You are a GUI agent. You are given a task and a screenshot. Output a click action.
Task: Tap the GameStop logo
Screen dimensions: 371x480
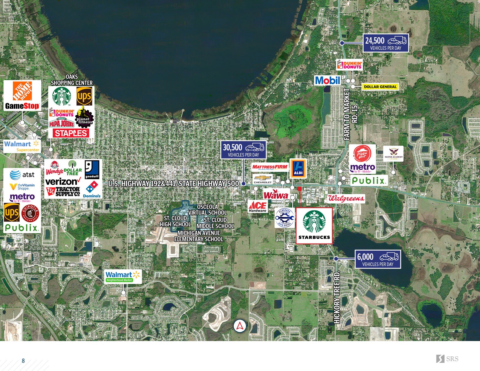(x=22, y=106)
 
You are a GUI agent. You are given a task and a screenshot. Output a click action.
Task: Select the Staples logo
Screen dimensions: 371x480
(x=71, y=133)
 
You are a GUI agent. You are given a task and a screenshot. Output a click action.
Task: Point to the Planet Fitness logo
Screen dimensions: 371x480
(x=84, y=118)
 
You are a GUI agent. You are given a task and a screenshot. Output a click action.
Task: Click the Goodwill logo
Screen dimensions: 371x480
(x=92, y=170)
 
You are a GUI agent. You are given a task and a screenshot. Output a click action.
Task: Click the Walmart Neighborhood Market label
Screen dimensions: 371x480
(x=123, y=276)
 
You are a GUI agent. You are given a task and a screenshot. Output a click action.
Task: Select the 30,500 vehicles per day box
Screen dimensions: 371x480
(x=243, y=150)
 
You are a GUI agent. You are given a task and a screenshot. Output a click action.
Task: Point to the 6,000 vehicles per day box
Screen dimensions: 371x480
(x=378, y=259)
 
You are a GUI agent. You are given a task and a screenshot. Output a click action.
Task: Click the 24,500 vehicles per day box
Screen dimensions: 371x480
(x=385, y=43)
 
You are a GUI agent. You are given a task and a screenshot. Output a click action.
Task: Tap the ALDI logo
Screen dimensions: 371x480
(x=298, y=168)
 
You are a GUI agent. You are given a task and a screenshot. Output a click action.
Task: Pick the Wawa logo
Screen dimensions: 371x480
(x=276, y=195)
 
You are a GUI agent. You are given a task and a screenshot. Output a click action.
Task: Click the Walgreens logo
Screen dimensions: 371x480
(x=346, y=198)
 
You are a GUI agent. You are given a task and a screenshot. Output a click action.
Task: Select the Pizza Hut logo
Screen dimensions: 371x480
(x=362, y=154)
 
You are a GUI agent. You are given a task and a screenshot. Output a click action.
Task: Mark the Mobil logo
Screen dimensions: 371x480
(x=327, y=80)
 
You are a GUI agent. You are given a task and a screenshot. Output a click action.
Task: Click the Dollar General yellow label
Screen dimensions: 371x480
(x=380, y=87)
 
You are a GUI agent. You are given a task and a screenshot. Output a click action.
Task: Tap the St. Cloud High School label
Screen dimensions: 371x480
(x=175, y=221)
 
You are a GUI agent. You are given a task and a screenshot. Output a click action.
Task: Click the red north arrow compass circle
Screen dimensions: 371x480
(x=240, y=326)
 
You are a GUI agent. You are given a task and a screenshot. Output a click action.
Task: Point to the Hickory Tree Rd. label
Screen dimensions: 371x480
(x=337, y=297)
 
